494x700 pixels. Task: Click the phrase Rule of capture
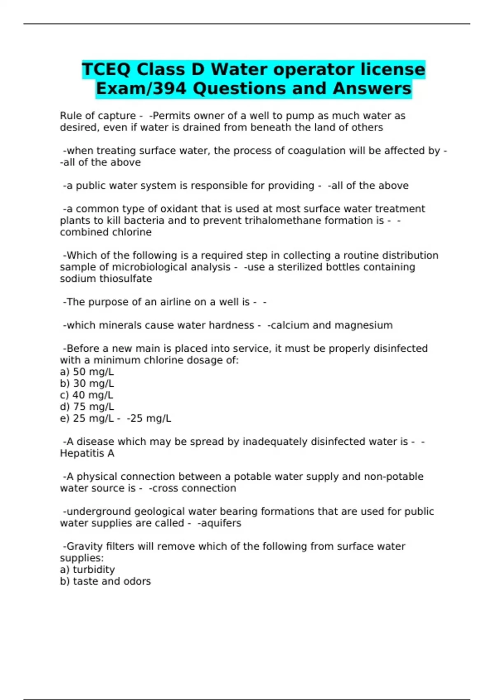point(98,116)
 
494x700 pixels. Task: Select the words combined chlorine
point(106,232)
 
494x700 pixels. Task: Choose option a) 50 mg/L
point(87,372)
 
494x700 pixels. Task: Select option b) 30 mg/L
point(87,383)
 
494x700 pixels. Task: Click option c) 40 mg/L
point(86,395)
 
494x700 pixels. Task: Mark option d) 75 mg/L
point(87,407)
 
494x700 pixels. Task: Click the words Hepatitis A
point(87,453)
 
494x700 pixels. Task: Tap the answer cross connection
point(193,488)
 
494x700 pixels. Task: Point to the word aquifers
point(220,523)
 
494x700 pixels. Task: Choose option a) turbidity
point(87,569)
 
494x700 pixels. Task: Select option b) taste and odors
point(105,581)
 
